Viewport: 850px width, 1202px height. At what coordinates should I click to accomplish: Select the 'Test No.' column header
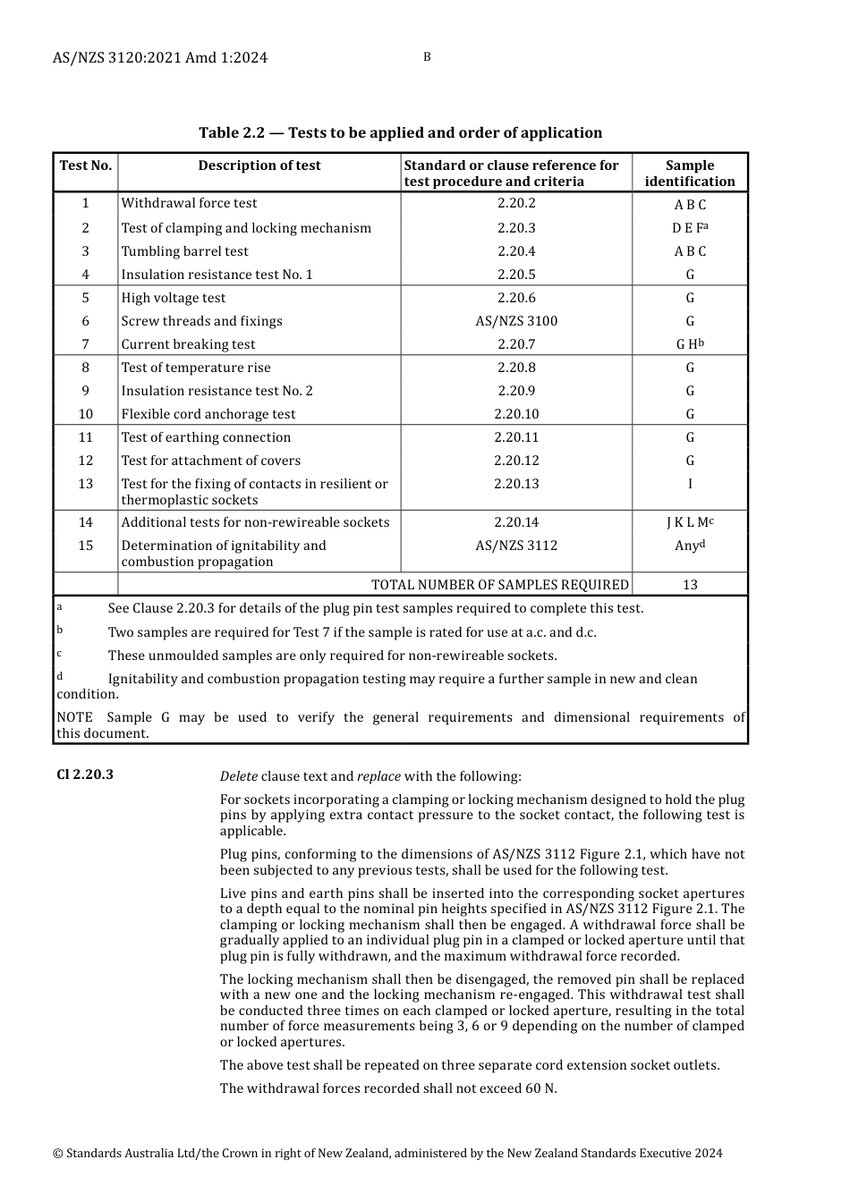pos(86,165)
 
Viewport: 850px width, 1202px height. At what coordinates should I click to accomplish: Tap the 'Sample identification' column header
pos(690,173)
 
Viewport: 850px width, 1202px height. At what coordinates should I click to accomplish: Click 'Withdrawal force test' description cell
pos(189,203)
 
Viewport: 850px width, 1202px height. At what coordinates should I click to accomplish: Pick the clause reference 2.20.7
pos(516,344)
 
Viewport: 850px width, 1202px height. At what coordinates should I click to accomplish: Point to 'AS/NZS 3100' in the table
pos(516,321)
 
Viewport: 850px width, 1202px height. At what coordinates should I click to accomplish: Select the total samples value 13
pos(690,585)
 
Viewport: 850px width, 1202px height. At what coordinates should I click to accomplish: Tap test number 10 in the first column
pos(86,414)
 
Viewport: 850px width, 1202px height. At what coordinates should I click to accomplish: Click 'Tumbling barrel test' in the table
pos(184,251)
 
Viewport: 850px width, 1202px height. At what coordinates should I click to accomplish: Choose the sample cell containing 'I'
pos(690,484)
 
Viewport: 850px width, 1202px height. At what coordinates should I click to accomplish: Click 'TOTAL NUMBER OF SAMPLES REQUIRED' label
pos(500,585)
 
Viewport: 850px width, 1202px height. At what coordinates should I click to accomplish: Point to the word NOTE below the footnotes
pos(74,717)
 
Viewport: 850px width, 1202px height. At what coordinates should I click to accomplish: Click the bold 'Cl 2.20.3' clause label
pos(85,775)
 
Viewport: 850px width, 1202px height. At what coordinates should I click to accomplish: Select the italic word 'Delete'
pos(239,776)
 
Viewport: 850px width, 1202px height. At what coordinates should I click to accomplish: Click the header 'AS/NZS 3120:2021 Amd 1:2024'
pos(160,58)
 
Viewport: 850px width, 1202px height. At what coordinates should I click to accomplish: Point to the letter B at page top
pos(427,57)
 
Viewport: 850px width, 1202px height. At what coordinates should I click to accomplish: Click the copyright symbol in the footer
pos(57,1154)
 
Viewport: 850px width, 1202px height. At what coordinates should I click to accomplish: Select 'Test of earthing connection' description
pos(206,437)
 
